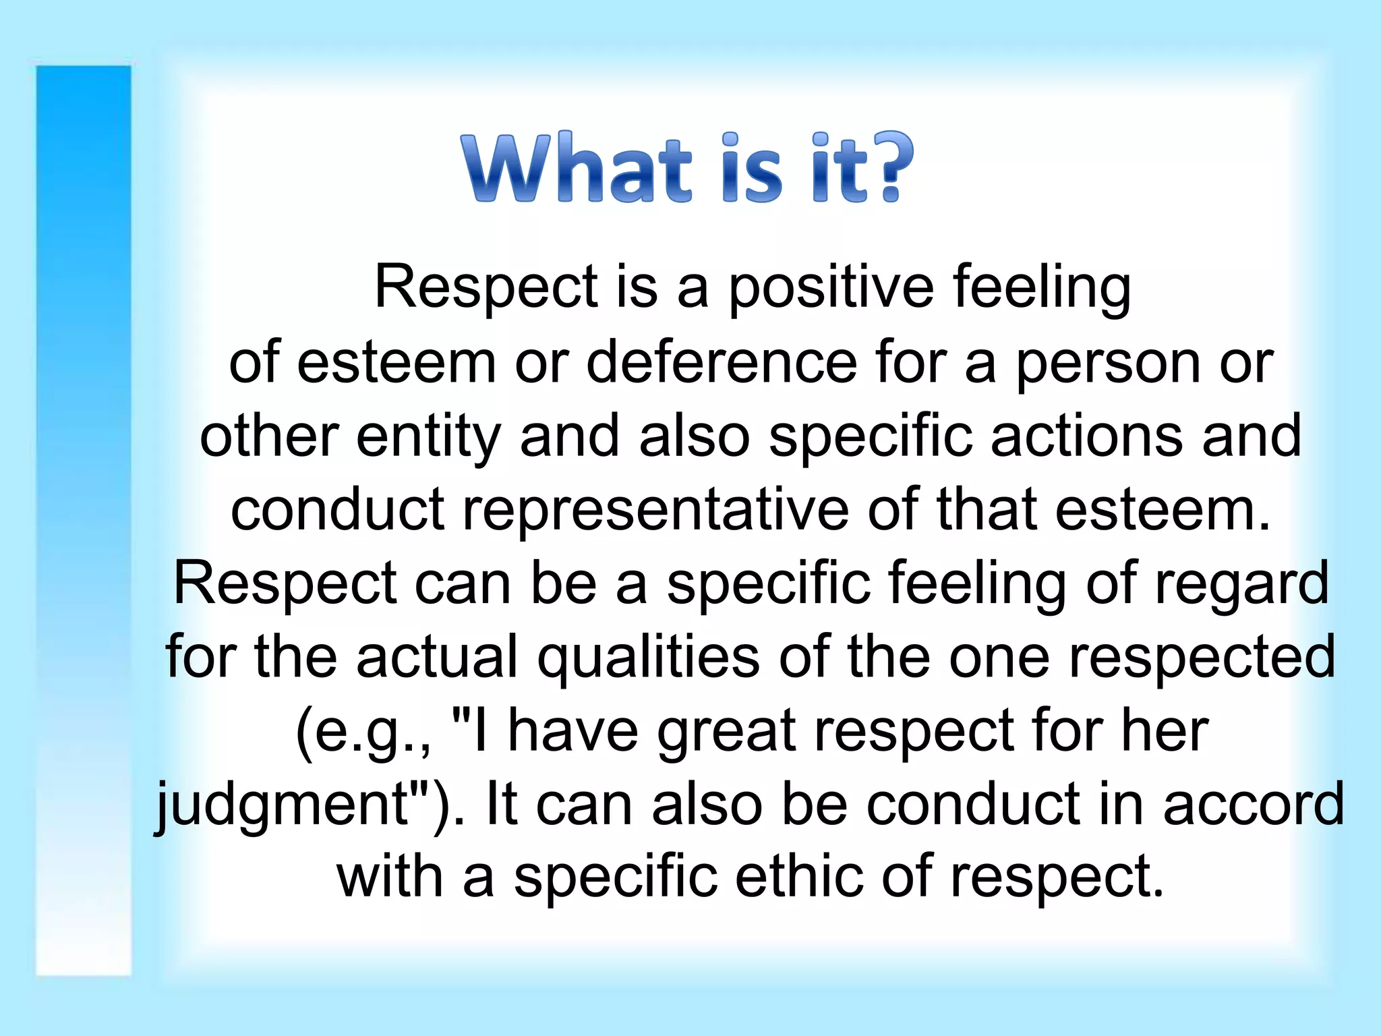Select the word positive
[831, 289]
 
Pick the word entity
[428, 437]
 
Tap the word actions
[1087, 436]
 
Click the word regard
[1241, 584]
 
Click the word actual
[438, 657]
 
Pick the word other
[269, 436]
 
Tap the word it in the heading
[840, 169]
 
